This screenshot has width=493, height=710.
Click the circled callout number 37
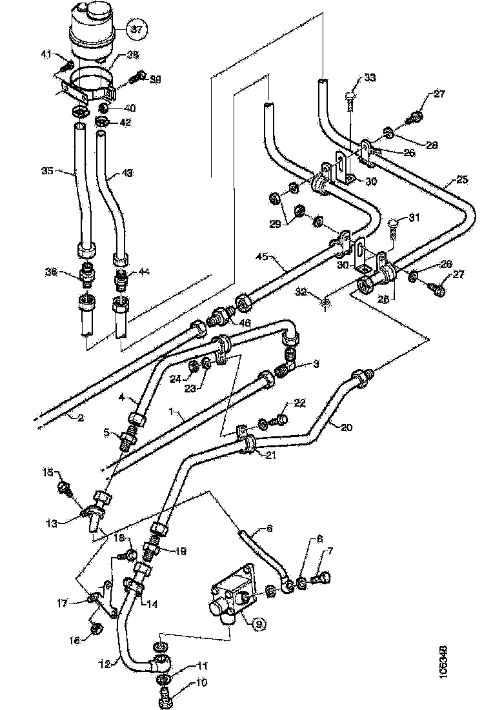136,28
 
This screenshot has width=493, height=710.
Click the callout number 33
369,78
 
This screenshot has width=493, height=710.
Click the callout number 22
299,403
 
